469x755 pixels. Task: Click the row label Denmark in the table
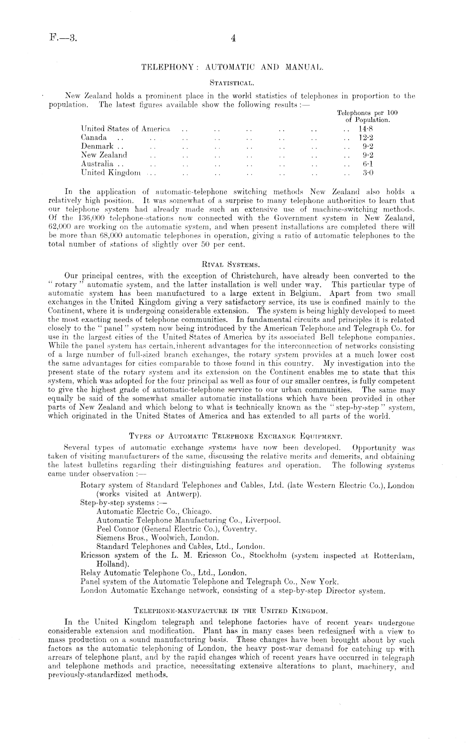[x=94, y=146]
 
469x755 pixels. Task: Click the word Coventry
[x=240, y=529]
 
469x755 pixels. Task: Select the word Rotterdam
[x=394, y=555]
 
